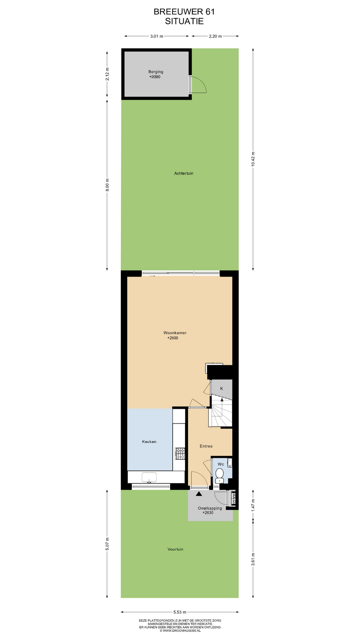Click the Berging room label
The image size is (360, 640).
point(156,72)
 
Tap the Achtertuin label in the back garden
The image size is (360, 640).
point(184,173)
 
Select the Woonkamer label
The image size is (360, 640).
point(175,333)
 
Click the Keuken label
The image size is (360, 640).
point(149,442)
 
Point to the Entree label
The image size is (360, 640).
point(206,446)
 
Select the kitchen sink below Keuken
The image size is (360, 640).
point(149,477)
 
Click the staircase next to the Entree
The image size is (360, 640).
point(220,412)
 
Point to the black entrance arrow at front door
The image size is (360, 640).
point(199,494)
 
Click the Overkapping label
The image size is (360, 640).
point(210,508)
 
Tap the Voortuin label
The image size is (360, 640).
point(175,549)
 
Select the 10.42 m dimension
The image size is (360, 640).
point(253,159)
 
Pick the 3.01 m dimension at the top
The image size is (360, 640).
point(157,36)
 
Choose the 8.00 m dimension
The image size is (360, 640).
point(107,185)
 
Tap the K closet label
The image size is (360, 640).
point(221,389)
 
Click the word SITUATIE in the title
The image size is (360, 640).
point(184,21)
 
